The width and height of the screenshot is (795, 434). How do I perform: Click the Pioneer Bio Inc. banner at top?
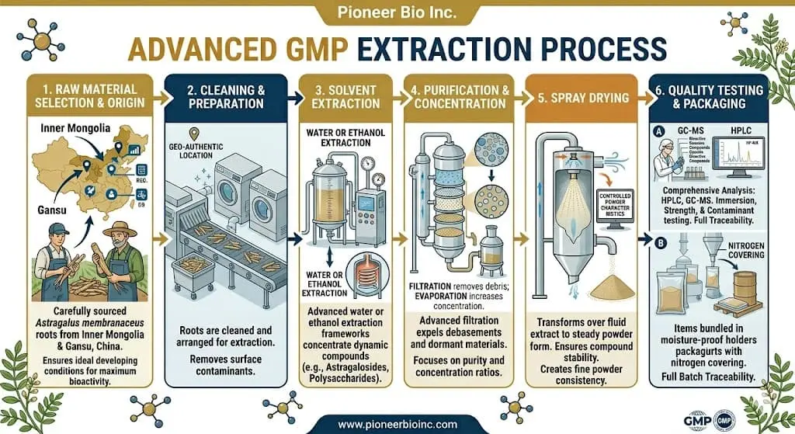point(397,14)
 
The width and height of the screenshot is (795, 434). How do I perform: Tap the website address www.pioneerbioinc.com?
point(397,423)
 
